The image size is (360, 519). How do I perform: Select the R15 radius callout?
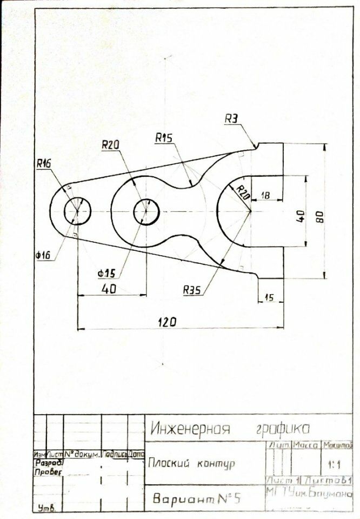(x=163, y=138)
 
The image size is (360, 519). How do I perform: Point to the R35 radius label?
(x=192, y=290)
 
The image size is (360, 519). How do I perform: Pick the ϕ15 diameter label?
(x=106, y=273)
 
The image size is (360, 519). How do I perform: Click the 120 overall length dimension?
(x=167, y=322)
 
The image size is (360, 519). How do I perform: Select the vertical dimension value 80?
(x=319, y=218)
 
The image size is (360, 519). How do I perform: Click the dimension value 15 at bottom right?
(x=269, y=297)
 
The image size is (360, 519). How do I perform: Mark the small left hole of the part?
(x=77, y=211)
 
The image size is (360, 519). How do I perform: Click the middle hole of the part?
(x=146, y=211)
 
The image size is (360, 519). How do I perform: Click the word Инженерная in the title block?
(x=190, y=429)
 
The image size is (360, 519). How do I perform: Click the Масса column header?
(x=305, y=445)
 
